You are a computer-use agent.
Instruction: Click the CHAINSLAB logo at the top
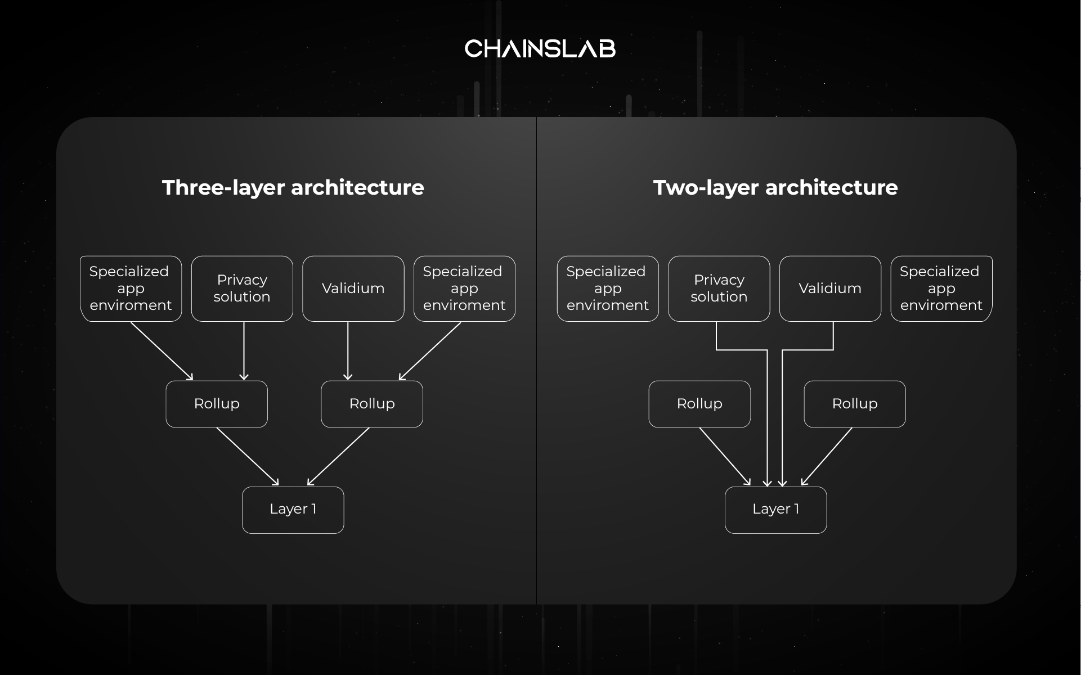(540, 49)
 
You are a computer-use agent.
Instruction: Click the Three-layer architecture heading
(293, 188)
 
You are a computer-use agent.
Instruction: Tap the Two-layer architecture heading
(775, 188)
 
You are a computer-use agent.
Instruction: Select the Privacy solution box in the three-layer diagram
(242, 289)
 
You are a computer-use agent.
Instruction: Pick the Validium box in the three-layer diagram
(353, 289)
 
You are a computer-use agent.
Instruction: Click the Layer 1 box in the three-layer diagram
(293, 510)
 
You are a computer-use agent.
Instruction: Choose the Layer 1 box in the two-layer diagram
(775, 510)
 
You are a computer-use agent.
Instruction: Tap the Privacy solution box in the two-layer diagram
(719, 289)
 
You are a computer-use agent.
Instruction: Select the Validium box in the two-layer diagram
(830, 289)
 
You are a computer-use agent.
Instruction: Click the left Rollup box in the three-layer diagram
(217, 404)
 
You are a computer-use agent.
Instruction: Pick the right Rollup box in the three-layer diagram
(371, 404)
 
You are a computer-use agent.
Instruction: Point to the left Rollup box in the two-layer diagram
(699, 404)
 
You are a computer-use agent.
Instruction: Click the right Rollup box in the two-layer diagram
(854, 404)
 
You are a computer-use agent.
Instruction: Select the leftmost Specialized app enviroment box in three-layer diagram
(131, 289)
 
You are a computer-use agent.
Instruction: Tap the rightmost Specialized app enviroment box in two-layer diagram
(941, 289)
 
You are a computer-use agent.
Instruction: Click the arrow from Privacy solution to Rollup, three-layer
(244, 350)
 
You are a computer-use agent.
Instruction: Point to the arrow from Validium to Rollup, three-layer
(348, 350)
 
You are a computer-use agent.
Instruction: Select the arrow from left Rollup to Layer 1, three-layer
(247, 456)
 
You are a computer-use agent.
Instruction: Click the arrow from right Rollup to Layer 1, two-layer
(827, 456)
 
